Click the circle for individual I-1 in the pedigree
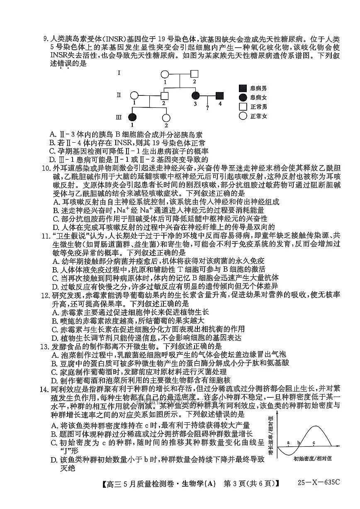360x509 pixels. (x=165, y=75)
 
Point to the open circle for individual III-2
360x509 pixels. (x=166, y=118)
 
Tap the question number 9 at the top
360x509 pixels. (x=46, y=39)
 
